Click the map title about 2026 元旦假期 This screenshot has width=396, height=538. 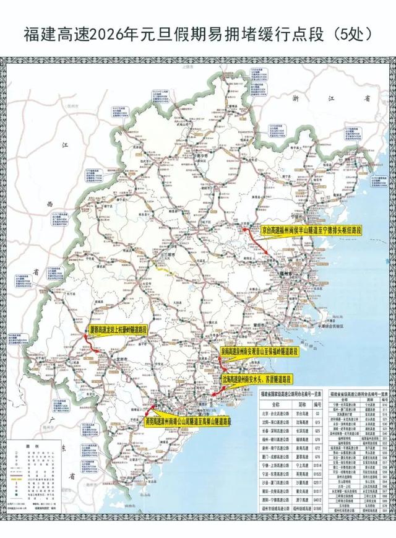pos(198,35)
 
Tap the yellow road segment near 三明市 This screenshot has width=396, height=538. pos(163,270)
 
